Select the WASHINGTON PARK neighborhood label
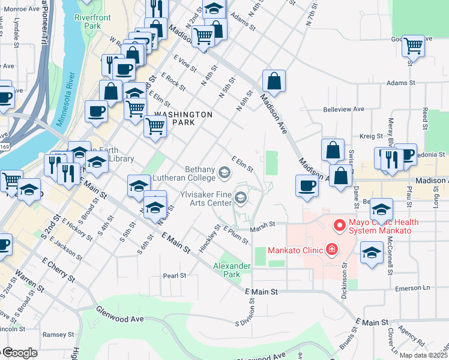(184, 118)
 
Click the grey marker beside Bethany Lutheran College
(224, 174)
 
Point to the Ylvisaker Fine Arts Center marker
(241, 198)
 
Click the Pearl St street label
(175, 276)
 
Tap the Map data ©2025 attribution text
(424, 355)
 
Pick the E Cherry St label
(58, 271)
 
